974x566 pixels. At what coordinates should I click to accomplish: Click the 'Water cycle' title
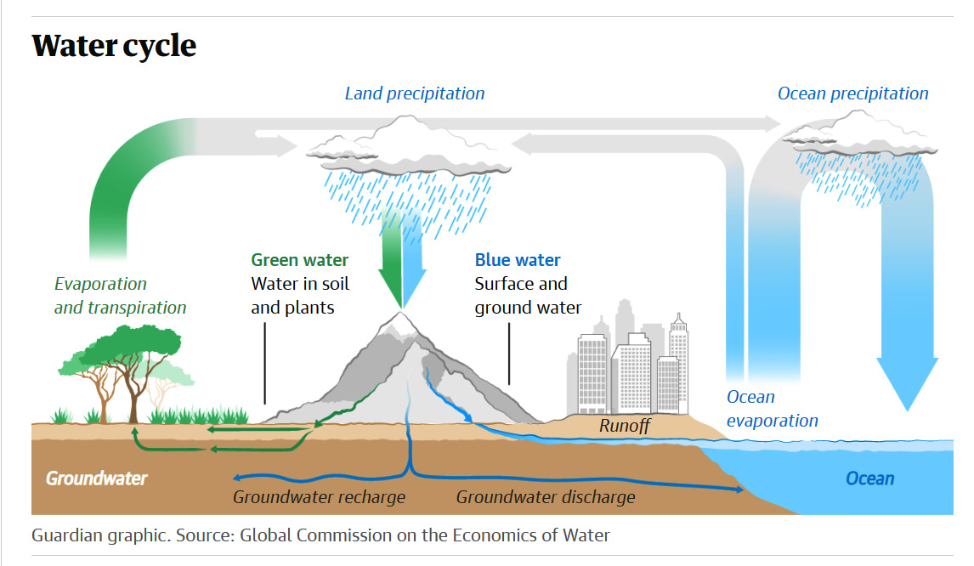click(x=114, y=45)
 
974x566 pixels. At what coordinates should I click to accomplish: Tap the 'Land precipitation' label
click(x=414, y=93)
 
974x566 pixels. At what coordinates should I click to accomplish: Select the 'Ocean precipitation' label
click(x=852, y=93)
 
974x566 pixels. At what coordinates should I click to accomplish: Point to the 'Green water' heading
click(x=299, y=260)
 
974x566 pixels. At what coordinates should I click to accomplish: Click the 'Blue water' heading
click(x=518, y=260)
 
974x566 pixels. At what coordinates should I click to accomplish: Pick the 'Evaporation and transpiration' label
click(x=120, y=296)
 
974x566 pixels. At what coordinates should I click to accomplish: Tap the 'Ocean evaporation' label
click(x=772, y=408)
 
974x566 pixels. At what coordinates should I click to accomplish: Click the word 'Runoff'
click(x=625, y=426)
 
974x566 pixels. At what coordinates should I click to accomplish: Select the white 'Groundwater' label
click(x=96, y=478)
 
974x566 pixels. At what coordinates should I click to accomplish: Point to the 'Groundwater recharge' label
click(x=319, y=497)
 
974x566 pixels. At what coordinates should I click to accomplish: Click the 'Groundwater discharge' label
click(x=545, y=497)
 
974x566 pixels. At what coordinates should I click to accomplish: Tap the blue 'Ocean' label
click(x=869, y=478)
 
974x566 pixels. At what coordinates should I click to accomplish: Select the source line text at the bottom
click(x=320, y=535)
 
